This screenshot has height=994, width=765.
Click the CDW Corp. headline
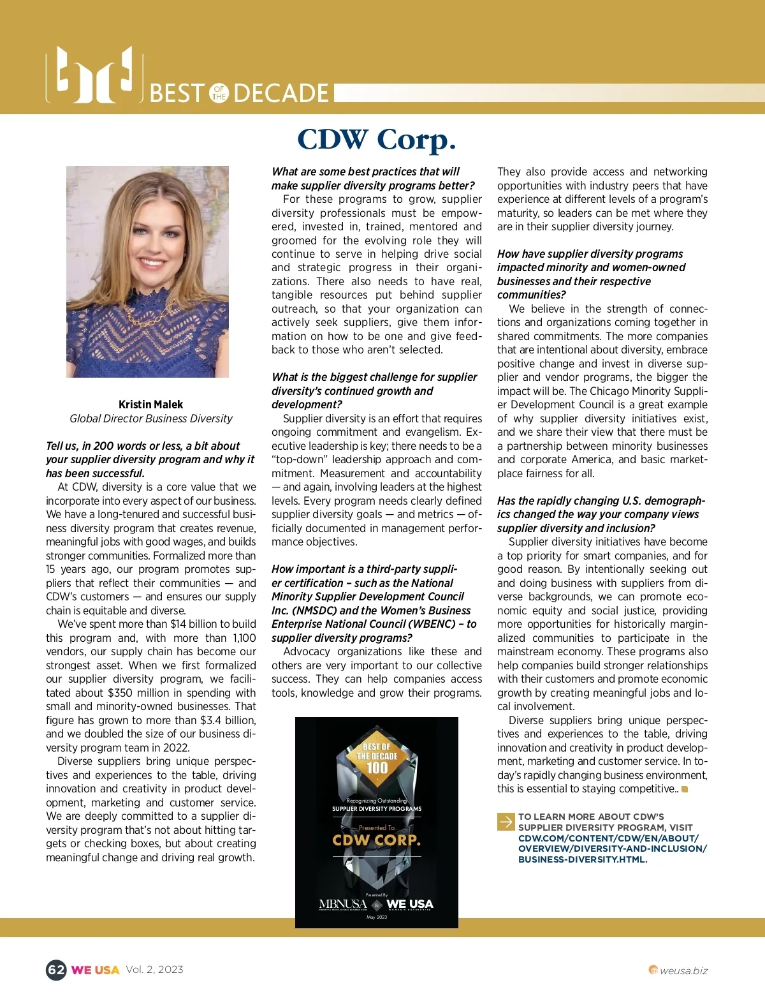click(x=376, y=140)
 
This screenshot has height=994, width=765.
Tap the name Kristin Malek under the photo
click(x=150, y=404)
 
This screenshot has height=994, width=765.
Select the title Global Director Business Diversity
click(x=151, y=419)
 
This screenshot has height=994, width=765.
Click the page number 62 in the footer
click(x=56, y=970)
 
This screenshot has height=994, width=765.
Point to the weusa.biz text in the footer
click(x=683, y=971)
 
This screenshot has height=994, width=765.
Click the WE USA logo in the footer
click(x=96, y=970)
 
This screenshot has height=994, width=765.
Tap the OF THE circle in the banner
click(x=219, y=93)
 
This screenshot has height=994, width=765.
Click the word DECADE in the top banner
click(x=281, y=93)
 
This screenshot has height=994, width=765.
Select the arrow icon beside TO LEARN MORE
click(x=506, y=822)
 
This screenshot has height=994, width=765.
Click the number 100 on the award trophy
click(x=377, y=768)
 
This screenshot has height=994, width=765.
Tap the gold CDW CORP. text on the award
click(x=377, y=840)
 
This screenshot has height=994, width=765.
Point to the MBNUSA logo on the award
click(x=343, y=904)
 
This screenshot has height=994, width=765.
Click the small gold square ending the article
click(x=685, y=789)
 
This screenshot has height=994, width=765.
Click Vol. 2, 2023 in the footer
click(x=154, y=970)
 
